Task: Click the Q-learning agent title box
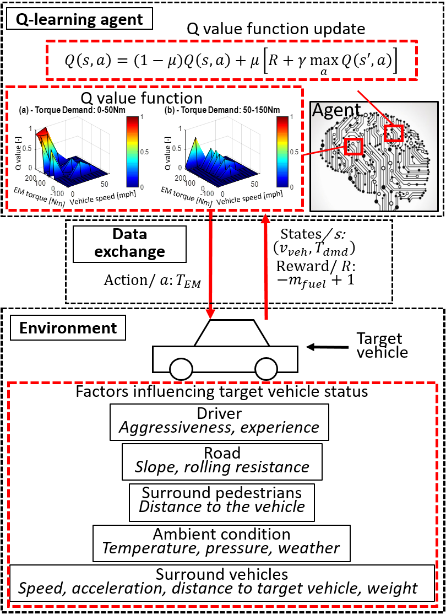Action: coord(80,19)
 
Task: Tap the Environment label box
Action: coord(68,328)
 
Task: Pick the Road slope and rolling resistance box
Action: coord(222,461)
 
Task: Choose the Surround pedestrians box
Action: coord(222,502)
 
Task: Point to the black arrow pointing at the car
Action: coord(328,347)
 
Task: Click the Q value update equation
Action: coord(231,59)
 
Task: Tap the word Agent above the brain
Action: coord(336,110)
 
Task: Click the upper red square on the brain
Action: coord(394,133)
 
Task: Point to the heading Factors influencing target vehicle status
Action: coord(222,392)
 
